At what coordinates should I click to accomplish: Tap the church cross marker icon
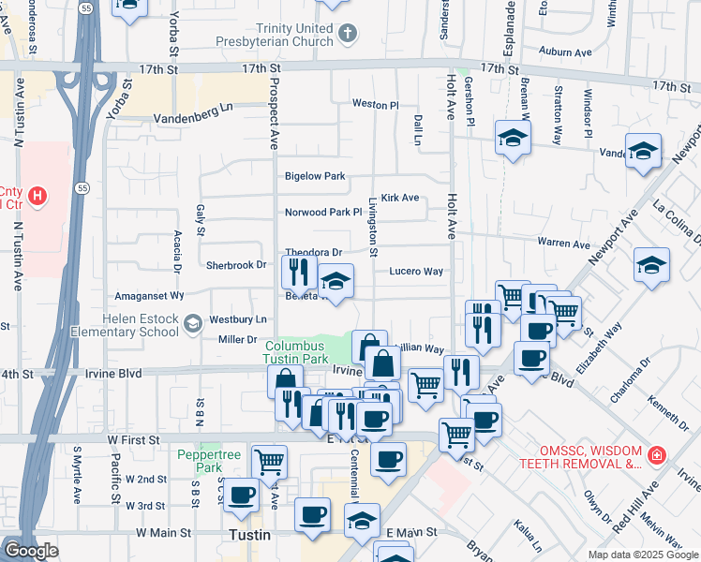pos(348,35)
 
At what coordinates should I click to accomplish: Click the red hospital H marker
pos(37,197)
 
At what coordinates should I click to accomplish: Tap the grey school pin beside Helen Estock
pos(192,325)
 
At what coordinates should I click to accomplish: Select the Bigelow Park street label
pos(315,176)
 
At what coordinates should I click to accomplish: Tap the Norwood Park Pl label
pos(323,213)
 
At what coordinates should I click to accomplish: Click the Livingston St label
pos(373,228)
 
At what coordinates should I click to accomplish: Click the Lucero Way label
pos(415,272)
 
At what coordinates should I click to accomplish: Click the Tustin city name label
pos(250,535)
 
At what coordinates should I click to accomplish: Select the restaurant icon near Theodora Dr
pos(297,272)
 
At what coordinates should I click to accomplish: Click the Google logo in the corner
pos(30,551)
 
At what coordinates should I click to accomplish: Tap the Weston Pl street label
pos(375,104)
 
